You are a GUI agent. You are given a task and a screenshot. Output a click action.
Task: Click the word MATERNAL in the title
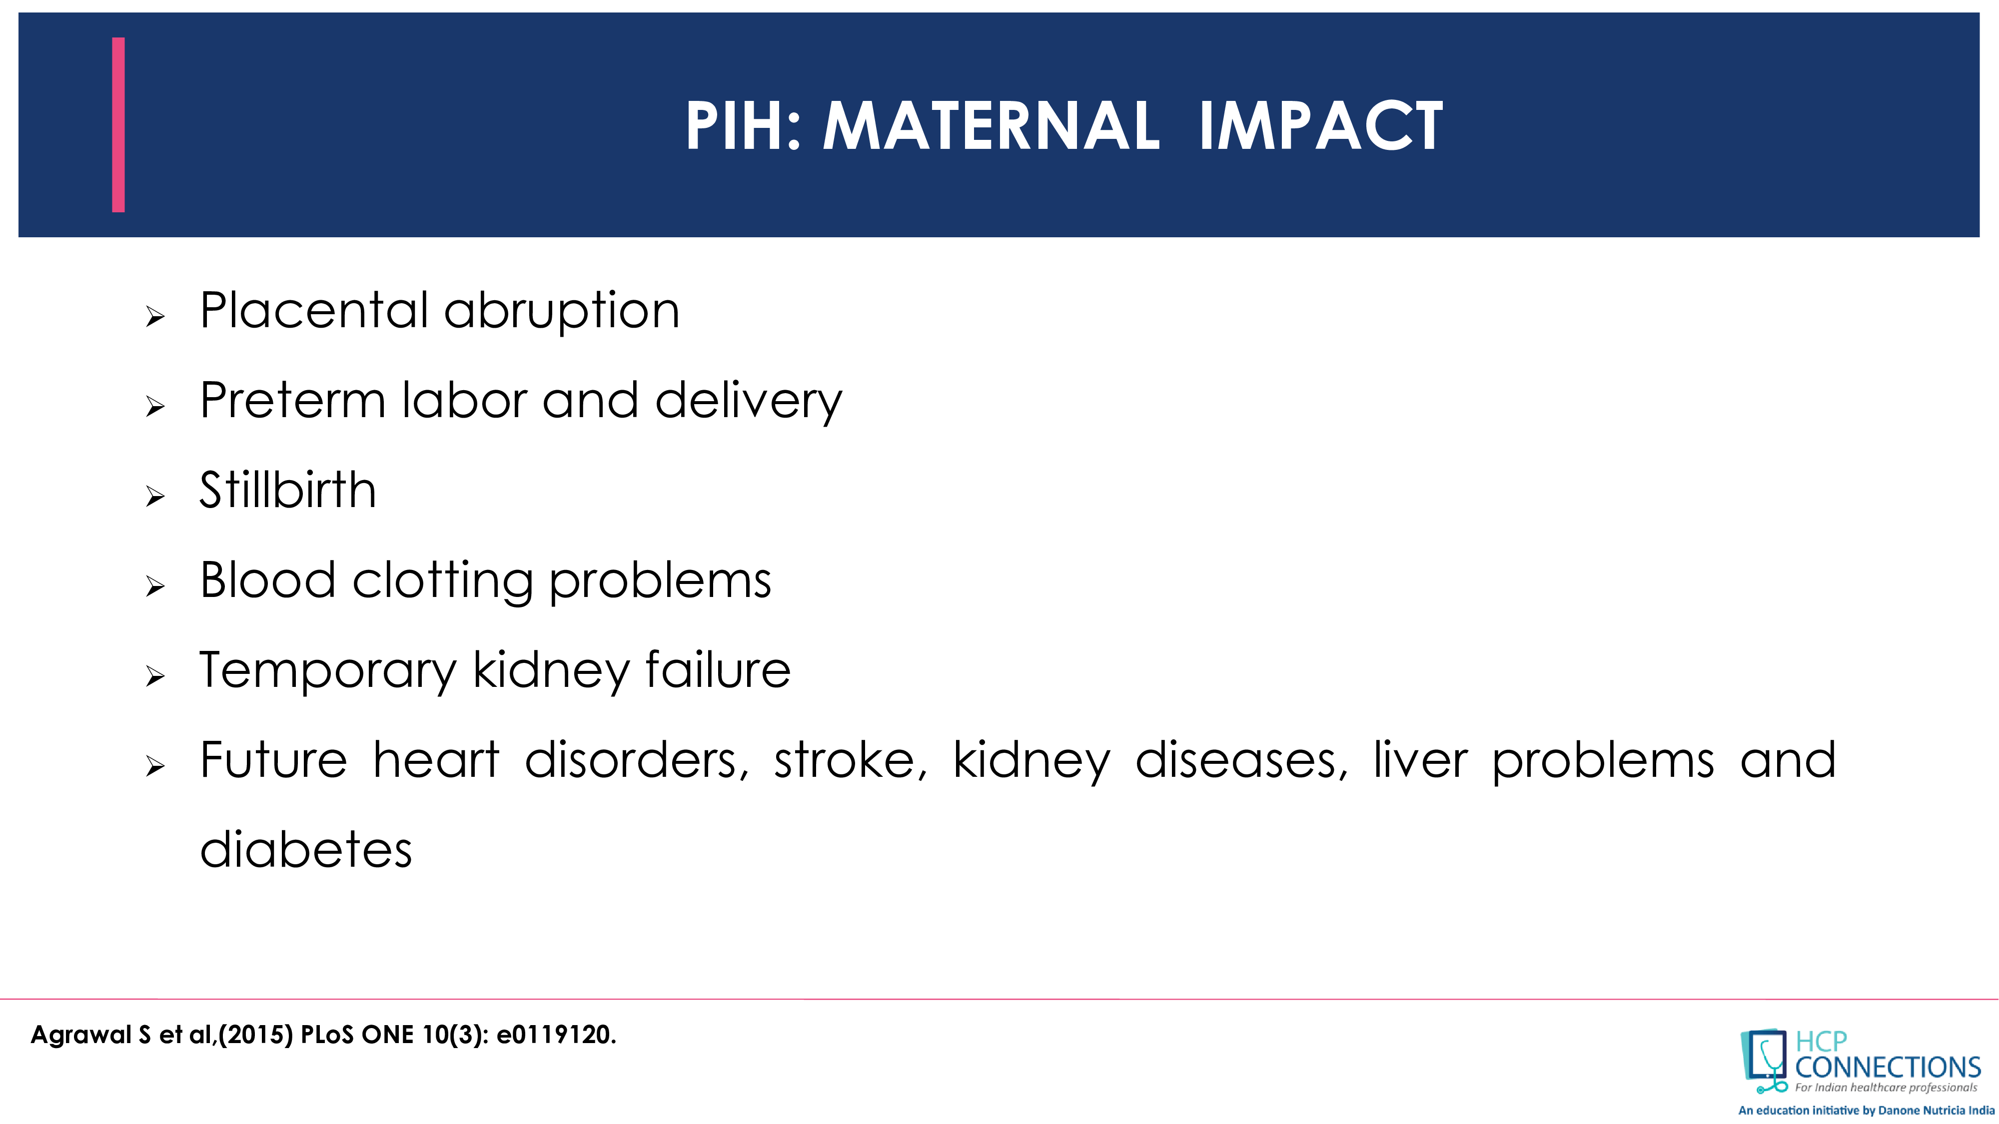tap(991, 126)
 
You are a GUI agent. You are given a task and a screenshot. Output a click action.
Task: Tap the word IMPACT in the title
tap(1321, 126)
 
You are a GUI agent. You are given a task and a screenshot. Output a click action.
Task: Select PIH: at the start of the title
tap(743, 126)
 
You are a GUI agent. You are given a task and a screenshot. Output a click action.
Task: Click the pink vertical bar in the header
tap(118, 124)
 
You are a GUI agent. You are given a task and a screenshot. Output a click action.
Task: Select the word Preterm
tap(292, 400)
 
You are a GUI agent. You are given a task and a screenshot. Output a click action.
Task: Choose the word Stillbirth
tap(288, 490)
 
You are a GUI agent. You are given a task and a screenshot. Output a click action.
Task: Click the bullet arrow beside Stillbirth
tap(155, 497)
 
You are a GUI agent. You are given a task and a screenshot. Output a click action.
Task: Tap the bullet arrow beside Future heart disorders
tap(155, 766)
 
